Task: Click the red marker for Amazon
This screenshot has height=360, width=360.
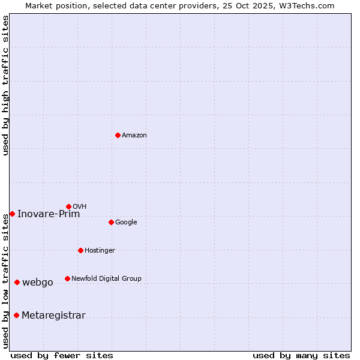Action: tap(118, 135)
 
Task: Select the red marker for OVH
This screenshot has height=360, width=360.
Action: tap(68, 206)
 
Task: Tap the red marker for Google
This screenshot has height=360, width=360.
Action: tap(111, 222)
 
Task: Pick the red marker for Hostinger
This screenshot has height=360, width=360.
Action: tap(80, 250)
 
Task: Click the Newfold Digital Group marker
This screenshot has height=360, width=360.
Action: tap(67, 278)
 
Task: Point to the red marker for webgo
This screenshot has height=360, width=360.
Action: tap(17, 282)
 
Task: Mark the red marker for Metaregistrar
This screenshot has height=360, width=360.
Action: tap(16, 315)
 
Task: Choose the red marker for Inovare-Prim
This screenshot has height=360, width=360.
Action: tap(12, 214)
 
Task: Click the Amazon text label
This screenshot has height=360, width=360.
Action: tap(134, 135)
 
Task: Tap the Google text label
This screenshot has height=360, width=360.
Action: tap(126, 222)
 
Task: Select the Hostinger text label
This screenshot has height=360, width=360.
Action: tap(100, 250)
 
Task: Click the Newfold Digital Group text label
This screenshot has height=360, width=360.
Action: tap(106, 278)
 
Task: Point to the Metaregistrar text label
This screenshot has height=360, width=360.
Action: tap(53, 316)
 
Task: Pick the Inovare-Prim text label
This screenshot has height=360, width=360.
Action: tap(49, 214)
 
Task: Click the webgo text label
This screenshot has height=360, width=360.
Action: tap(38, 283)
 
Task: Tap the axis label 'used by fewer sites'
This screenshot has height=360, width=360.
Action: tap(62, 355)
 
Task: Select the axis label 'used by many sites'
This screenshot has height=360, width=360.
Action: tap(301, 355)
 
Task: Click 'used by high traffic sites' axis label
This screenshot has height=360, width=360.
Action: tap(5, 85)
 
